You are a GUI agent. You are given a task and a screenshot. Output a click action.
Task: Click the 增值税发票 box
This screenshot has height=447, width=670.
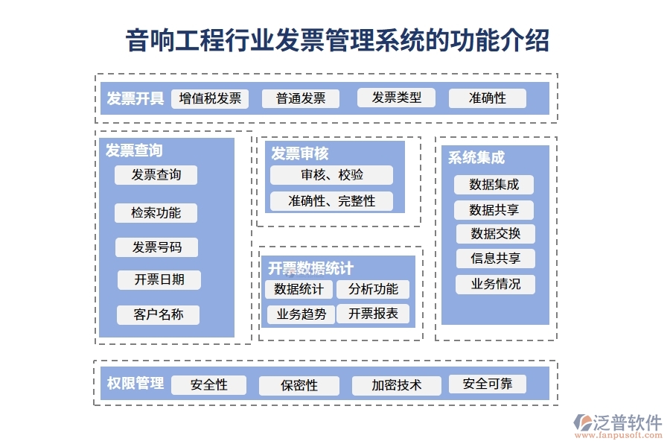coord(210,98)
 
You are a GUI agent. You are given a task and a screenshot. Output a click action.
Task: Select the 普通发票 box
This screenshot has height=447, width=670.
coord(301,98)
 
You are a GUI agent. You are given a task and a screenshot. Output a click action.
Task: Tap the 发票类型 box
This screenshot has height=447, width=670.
coord(396,98)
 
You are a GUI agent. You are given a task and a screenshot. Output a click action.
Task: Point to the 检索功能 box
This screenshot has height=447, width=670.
coord(156,212)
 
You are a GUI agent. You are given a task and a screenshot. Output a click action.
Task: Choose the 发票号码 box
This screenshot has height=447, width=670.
coord(156,247)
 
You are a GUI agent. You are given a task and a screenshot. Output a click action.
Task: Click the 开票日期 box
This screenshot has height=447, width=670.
coord(159,280)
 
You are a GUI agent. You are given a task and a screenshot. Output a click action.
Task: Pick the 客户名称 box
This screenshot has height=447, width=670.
coord(158,314)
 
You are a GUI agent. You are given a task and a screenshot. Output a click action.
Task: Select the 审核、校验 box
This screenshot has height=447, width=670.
coord(331,175)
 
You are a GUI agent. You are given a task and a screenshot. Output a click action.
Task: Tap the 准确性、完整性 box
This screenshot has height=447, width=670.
coord(331,201)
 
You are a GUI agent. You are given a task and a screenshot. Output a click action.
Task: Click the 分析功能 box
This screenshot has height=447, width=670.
coord(373,289)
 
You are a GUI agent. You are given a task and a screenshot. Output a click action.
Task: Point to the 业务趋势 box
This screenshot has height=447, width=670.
coord(301,314)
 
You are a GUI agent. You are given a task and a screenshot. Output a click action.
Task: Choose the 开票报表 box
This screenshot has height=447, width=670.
coord(373,314)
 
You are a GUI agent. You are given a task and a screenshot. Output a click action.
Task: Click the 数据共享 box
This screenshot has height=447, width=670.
coord(494,210)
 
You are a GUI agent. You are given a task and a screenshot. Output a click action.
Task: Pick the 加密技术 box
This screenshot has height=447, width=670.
coord(397,385)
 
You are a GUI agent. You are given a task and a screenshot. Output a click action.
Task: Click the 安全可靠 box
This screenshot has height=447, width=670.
coord(487,384)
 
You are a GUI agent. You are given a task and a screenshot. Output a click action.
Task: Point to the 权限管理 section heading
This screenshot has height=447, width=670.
coord(135,384)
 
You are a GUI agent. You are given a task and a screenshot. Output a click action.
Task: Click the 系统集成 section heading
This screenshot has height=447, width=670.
coord(476,158)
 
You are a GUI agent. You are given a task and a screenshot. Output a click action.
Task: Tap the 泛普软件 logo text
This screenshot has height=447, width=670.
coord(627,422)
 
